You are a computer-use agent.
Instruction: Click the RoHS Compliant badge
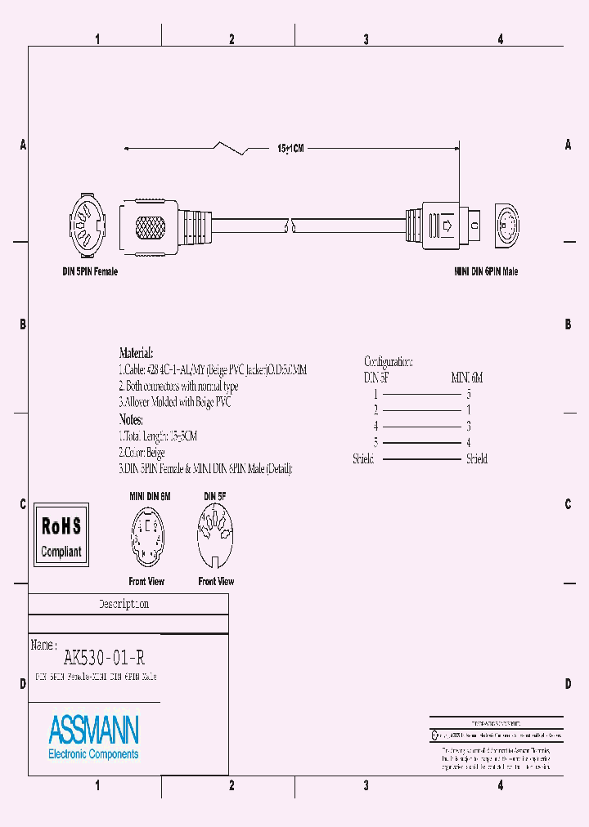pos(61,535)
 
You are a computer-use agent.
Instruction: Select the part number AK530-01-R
pos(104,656)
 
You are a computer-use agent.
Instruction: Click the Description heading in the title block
pos(124,605)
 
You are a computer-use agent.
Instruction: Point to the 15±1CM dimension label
pos(290,149)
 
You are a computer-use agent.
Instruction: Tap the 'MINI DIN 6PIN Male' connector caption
pos(486,271)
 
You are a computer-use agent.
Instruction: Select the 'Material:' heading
pos(136,354)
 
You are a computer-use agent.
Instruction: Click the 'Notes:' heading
pos(131,419)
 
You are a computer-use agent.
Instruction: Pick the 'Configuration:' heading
pos(388,361)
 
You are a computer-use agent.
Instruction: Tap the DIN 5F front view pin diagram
pos(216,536)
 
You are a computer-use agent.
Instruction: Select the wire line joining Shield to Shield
pos(421,459)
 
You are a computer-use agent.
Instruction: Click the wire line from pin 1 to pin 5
pos(421,394)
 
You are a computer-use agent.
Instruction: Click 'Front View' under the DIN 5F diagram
pos(216,582)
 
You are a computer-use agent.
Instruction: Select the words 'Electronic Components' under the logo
pos(93,754)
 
